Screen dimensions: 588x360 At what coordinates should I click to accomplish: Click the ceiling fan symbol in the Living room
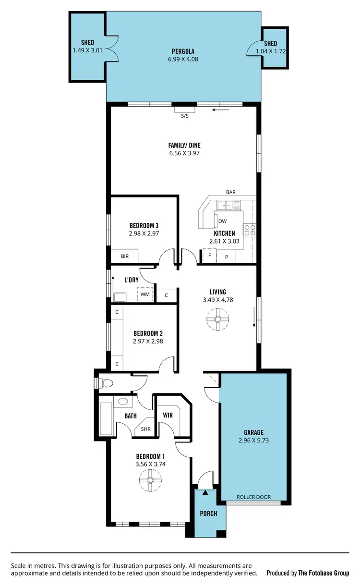pyautogui.click(x=217, y=319)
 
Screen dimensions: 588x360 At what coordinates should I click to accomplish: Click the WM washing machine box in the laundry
pyautogui.click(x=145, y=294)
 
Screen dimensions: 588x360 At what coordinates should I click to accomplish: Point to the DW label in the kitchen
pyautogui.click(x=222, y=221)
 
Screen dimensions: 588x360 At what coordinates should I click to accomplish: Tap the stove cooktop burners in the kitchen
pyautogui.click(x=250, y=230)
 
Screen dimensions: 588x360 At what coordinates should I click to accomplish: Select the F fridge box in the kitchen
pyautogui.click(x=209, y=256)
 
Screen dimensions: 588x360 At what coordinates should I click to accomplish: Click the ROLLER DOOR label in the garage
pyautogui.click(x=253, y=497)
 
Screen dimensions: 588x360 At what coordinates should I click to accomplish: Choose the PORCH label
pyautogui.click(x=209, y=514)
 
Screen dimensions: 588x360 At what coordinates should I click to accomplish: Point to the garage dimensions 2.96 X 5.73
pyautogui.click(x=253, y=440)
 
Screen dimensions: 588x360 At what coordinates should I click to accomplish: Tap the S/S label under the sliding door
pyautogui.click(x=185, y=116)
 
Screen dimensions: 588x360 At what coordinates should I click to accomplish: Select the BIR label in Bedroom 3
pyautogui.click(x=125, y=257)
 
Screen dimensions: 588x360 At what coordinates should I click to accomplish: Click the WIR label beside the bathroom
pyautogui.click(x=168, y=415)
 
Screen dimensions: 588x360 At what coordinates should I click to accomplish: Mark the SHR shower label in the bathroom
pyautogui.click(x=145, y=429)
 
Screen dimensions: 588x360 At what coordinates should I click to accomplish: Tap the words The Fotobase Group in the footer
pyautogui.click(x=324, y=573)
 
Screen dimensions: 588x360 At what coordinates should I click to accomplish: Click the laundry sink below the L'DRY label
pyautogui.click(x=120, y=297)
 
